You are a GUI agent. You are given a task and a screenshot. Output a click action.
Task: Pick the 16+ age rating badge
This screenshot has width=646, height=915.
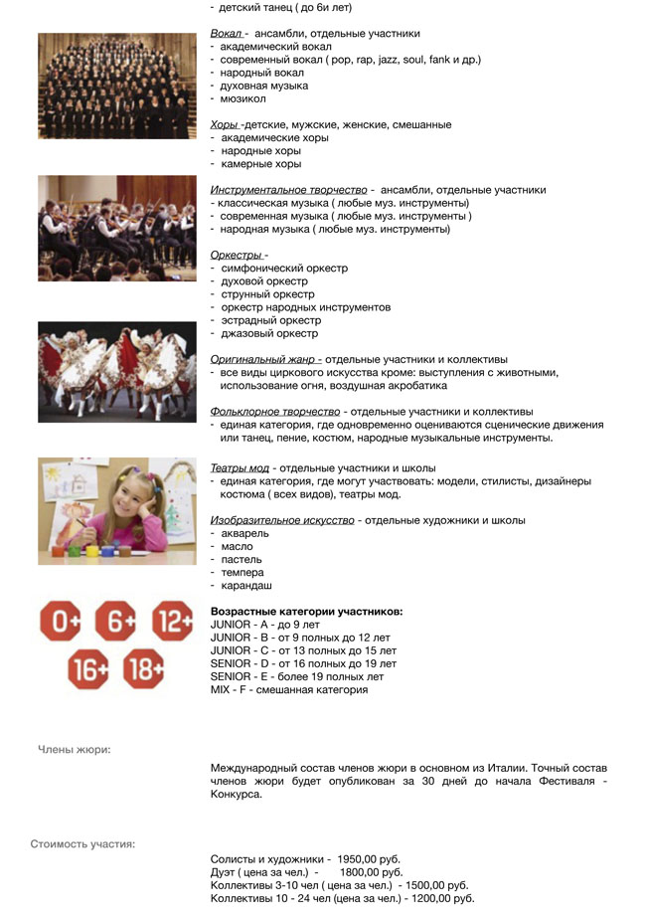click(x=88, y=670)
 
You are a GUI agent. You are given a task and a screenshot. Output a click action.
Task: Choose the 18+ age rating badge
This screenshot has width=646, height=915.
click(x=144, y=670)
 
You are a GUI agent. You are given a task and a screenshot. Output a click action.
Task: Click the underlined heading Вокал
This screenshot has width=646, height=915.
click(x=229, y=33)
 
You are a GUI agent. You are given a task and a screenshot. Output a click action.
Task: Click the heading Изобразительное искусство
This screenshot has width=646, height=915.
click(x=282, y=520)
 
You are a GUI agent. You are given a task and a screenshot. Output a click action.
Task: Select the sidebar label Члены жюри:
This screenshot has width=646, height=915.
click(x=74, y=749)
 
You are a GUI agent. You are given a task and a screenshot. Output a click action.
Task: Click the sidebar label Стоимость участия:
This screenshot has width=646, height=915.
click(x=82, y=844)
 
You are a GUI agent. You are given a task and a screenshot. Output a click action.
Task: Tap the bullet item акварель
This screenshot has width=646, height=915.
click(x=244, y=534)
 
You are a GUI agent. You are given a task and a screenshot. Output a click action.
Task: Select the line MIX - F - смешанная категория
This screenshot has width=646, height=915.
click(x=289, y=689)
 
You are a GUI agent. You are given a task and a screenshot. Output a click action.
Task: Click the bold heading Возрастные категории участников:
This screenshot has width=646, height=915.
click(x=306, y=612)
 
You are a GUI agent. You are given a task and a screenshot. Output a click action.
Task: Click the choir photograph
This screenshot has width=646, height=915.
click(x=116, y=86)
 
